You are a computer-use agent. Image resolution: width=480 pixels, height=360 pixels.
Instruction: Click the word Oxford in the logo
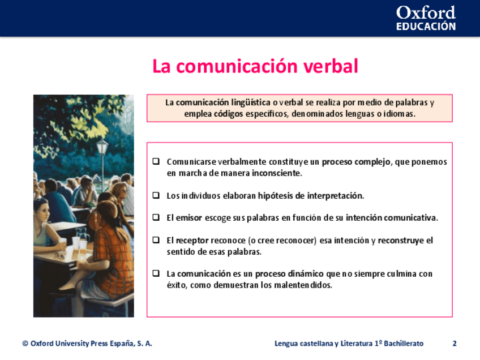click(426, 13)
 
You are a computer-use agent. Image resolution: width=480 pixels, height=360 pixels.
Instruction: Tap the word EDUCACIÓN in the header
click(426, 27)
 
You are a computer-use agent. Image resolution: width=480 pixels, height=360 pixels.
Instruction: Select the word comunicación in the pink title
click(237, 66)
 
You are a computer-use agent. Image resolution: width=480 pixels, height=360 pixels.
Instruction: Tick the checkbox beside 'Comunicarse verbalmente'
click(156, 161)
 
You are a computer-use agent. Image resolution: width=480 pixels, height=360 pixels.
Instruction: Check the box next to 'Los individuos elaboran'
click(156, 195)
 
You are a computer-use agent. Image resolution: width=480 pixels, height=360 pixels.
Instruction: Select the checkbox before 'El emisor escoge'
click(156, 217)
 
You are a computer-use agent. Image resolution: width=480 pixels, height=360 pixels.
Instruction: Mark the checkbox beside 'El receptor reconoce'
click(156, 240)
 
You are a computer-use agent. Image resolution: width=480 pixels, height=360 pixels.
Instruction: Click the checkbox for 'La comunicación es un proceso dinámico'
click(156, 273)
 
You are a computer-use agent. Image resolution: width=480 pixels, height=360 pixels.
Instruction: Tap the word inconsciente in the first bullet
click(277, 173)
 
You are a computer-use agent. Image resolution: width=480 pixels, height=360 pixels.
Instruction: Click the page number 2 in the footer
click(455, 344)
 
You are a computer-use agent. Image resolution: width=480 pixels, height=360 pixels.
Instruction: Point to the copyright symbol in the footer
click(25, 344)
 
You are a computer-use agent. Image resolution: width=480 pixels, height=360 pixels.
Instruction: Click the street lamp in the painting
click(102, 162)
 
